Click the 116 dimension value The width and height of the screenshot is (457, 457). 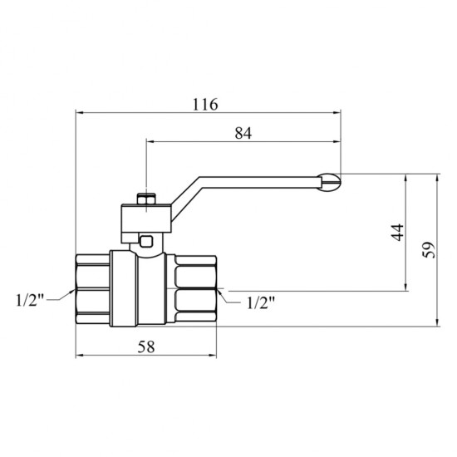tap(205, 105)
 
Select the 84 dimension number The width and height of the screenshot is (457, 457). tap(243, 134)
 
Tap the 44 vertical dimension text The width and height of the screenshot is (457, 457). tap(398, 233)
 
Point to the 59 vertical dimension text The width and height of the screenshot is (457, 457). tap(429, 250)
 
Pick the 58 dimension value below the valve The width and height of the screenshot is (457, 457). tap(146, 346)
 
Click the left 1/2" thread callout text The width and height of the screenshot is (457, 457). tap(30, 300)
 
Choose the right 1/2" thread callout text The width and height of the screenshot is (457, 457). tap(261, 303)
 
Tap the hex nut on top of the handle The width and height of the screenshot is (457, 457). tap(146, 199)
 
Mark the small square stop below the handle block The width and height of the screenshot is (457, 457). tap(146, 241)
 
